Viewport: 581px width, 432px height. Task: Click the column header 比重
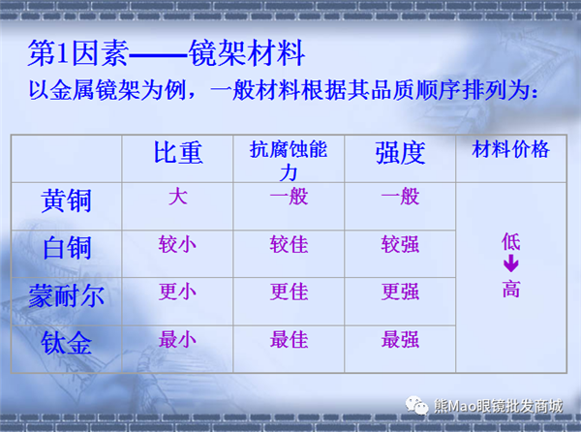tap(178, 153)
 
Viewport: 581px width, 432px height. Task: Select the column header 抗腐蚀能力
tap(289, 160)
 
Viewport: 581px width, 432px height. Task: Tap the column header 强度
tap(400, 153)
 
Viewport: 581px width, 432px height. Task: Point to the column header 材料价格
tap(510, 149)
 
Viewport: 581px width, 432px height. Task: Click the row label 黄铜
tap(66, 201)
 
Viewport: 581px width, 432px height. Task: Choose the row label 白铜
tap(67, 248)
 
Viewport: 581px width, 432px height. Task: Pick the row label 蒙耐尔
tap(67, 295)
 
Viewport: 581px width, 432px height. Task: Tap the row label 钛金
tap(66, 343)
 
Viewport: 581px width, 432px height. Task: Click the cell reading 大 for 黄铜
tap(178, 197)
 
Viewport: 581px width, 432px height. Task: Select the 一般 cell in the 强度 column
tap(400, 197)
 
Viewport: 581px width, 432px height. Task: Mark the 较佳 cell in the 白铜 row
tap(289, 244)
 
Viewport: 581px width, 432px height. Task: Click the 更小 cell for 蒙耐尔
tap(177, 292)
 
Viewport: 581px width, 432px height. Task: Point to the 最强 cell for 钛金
tap(400, 339)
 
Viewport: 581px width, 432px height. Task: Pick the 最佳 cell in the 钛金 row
tap(289, 339)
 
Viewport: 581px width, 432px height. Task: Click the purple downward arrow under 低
tap(511, 264)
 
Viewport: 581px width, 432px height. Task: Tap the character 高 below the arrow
tap(511, 289)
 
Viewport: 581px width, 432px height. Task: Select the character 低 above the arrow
tap(511, 241)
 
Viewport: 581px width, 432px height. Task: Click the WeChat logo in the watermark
tap(416, 405)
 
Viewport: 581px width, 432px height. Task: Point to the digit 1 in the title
tap(63, 53)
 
